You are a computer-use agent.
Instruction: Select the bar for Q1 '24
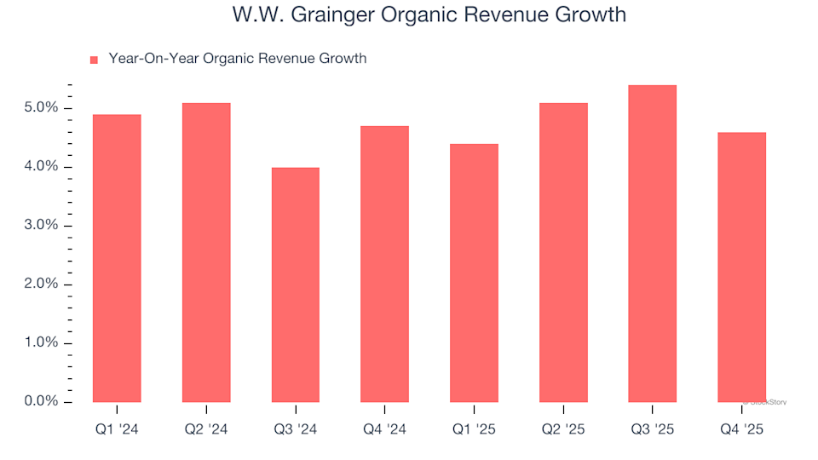click(117, 258)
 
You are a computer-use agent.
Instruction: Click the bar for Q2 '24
click(206, 252)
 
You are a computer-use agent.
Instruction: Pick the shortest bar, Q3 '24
click(296, 285)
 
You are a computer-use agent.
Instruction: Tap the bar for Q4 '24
click(384, 264)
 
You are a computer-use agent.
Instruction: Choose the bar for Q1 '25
click(474, 273)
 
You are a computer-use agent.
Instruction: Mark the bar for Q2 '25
click(563, 252)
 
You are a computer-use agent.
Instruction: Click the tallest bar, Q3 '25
click(652, 244)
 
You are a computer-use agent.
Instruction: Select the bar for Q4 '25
click(741, 267)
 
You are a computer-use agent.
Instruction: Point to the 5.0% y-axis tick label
click(41, 108)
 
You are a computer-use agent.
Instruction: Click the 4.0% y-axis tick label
click(41, 167)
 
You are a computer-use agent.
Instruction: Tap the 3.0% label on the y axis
click(41, 226)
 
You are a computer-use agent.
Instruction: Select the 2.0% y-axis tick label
click(41, 285)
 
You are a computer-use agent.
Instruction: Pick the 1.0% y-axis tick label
click(41, 343)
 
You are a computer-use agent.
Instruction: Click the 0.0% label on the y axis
click(41, 402)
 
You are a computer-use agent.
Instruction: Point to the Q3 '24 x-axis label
click(296, 430)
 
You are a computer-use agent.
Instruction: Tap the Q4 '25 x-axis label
click(741, 430)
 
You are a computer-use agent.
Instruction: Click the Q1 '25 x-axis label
click(474, 430)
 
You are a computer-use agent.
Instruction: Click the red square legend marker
click(94, 60)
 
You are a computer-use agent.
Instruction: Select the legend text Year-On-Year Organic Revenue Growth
click(238, 59)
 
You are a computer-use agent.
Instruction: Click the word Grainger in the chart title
click(314, 15)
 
